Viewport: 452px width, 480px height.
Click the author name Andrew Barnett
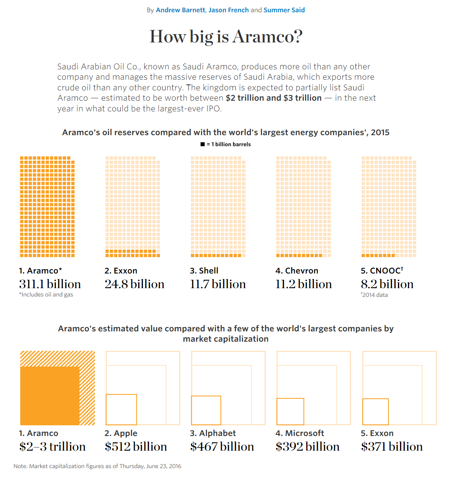[x=180, y=10]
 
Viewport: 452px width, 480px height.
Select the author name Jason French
[x=228, y=10]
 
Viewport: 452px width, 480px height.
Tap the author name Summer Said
[x=284, y=10]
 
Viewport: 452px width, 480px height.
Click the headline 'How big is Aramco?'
[x=226, y=36]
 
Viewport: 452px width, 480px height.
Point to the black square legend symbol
[x=203, y=144]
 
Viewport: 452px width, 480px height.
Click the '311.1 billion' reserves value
[x=50, y=284]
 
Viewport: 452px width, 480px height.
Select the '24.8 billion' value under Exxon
[x=134, y=284]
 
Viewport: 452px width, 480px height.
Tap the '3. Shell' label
[x=204, y=271]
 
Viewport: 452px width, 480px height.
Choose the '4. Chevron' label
[x=297, y=271]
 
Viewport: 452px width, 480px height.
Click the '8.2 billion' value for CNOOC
[x=387, y=284]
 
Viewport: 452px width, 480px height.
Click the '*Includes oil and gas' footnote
[x=46, y=295]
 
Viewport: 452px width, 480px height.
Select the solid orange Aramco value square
[x=50, y=396]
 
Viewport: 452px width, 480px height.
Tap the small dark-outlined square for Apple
[x=121, y=409]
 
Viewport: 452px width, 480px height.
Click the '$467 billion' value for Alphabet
[x=222, y=447]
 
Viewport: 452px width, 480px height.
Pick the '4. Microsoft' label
[x=299, y=433]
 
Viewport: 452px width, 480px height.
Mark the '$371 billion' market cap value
[x=392, y=447]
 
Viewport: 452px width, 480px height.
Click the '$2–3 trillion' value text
[x=52, y=447]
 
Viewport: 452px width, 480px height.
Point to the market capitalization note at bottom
[x=97, y=466]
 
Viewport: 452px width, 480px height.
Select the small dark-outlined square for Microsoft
[x=290, y=411]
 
